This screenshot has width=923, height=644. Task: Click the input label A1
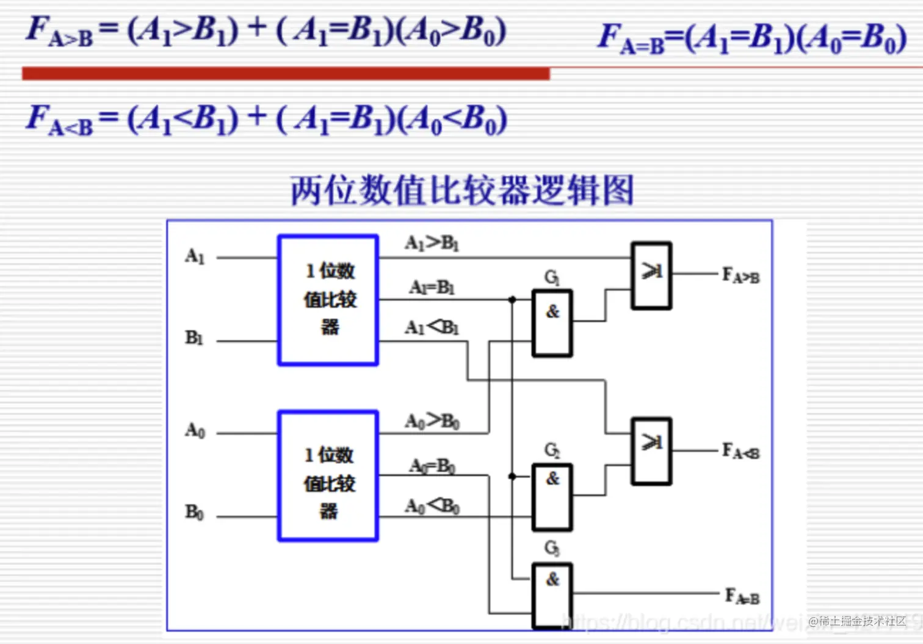pos(195,256)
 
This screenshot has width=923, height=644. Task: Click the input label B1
pos(194,338)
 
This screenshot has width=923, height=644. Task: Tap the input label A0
pos(195,431)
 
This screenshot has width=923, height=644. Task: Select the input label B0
pos(194,513)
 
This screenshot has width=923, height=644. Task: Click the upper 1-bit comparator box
pos(328,300)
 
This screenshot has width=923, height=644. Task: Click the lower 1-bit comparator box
pos(328,476)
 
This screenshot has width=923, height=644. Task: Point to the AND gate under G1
pos(552,324)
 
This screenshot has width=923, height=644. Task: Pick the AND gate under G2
pos(552,496)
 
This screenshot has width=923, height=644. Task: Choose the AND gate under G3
pos(552,595)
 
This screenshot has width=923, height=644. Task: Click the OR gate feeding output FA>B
pos(651,276)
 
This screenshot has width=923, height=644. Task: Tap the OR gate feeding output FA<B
pos(651,451)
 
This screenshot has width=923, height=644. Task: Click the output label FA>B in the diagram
pos(740,276)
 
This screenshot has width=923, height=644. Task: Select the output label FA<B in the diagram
pos(740,452)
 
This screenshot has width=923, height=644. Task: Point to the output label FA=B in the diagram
pos(742,596)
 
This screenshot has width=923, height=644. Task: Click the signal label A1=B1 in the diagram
pos(432,287)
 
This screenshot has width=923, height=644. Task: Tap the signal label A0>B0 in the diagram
pos(432,421)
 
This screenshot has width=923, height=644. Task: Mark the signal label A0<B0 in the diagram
pos(432,506)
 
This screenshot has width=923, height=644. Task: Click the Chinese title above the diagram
pos(462,190)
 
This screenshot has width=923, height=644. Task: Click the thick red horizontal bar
pos(286,74)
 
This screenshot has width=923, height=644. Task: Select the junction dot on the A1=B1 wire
pos(512,300)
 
